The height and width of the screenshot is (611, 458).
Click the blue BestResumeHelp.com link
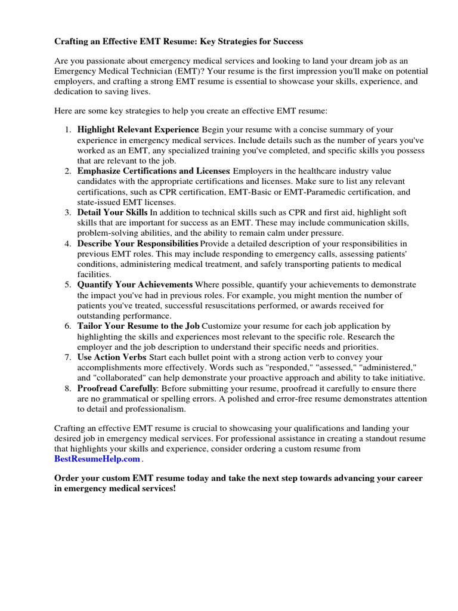pos(97,459)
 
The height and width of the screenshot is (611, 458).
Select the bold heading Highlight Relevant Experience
pos(138,129)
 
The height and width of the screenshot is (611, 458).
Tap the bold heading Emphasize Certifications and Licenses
pos(153,171)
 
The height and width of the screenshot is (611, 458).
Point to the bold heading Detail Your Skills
pos(113,212)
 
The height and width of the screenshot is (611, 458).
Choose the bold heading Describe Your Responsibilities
pos(138,244)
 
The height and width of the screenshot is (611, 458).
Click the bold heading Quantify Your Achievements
pos(135,285)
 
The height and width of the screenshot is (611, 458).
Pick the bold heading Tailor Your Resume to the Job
pos(139,326)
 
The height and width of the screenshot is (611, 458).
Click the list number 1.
pos(68,129)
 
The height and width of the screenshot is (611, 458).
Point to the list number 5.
pos(68,285)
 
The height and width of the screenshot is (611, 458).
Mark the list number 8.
pos(68,388)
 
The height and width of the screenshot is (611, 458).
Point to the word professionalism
pos(152,409)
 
